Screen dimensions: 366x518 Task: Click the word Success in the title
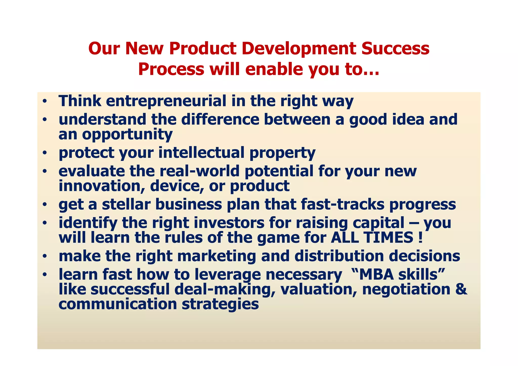coord(395,49)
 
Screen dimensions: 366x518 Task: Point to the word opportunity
coord(127,135)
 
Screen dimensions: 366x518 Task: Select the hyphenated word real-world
coord(199,171)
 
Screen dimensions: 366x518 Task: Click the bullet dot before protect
coord(45,153)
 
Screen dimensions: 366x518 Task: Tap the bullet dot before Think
coord(45,101)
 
